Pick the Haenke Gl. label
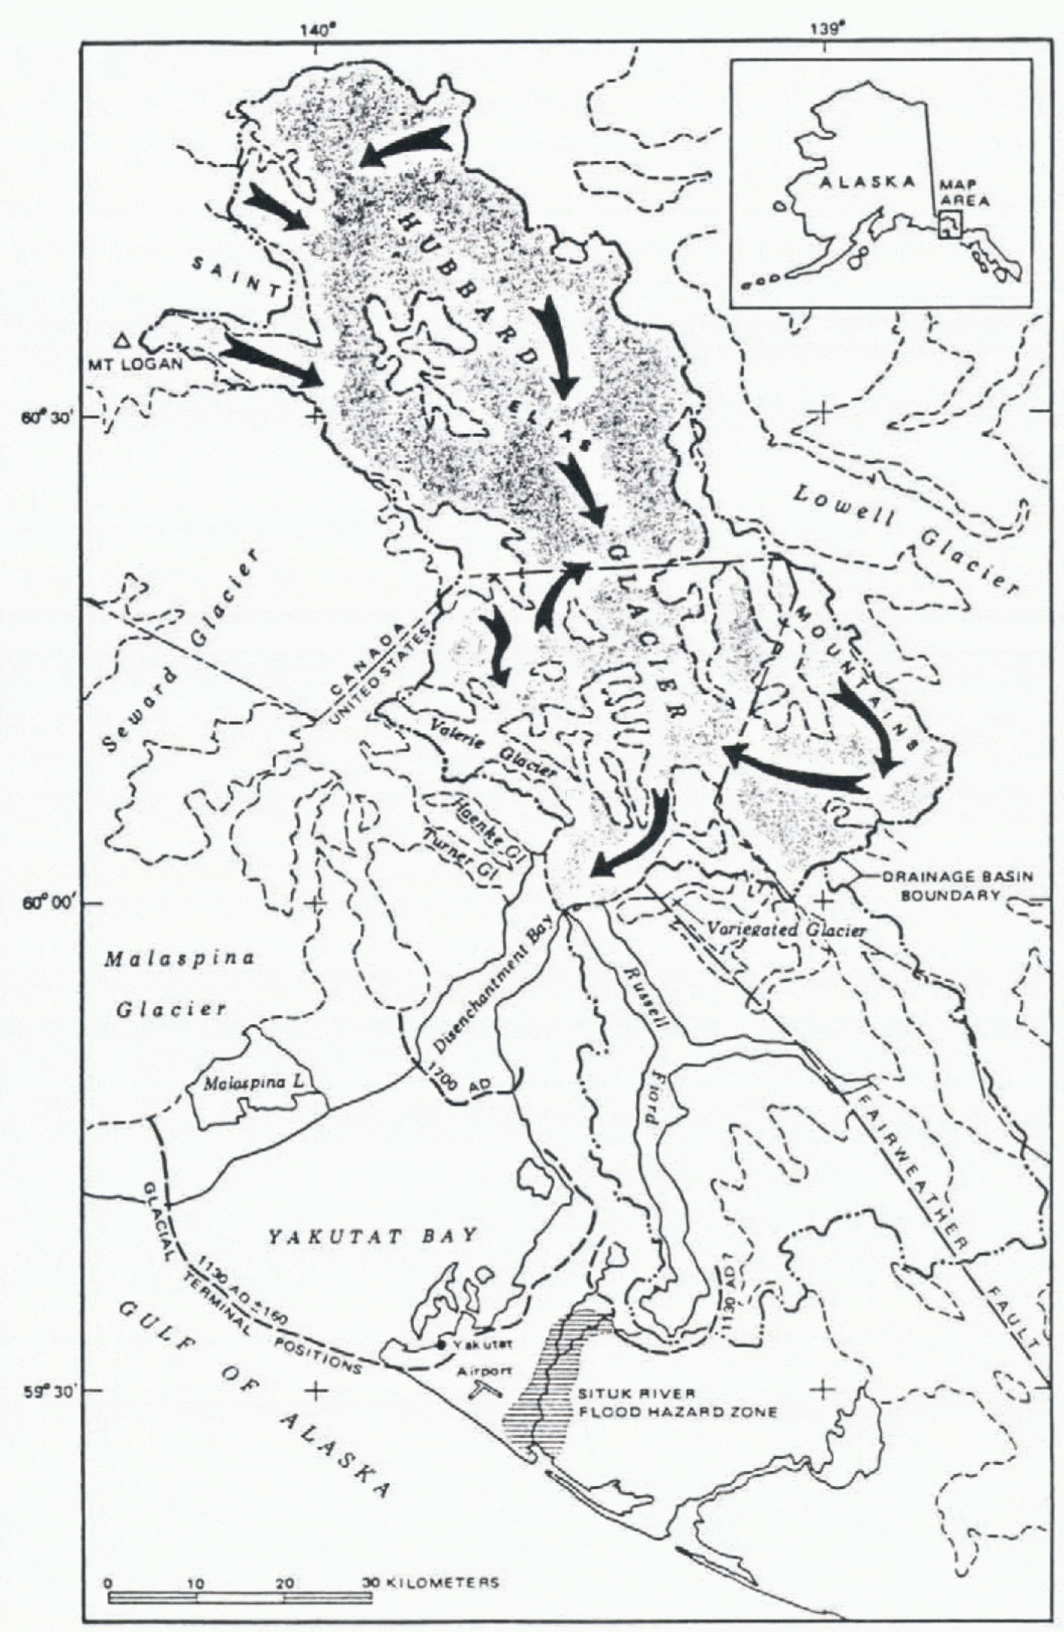(x=477, y=821)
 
